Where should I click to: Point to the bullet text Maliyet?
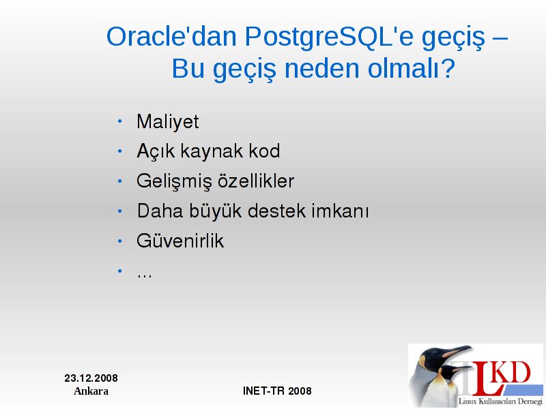click(x=167, y=122)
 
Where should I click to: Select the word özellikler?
click(x=256, y=181)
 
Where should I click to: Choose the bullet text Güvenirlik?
click(x=180, y=241)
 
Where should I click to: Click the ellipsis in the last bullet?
click(x=145, y=276)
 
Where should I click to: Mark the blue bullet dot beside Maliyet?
click(x=120, y=121)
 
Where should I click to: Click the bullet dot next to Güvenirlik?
click(x=120, y=241)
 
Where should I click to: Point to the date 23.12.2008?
click(x=91, y=378)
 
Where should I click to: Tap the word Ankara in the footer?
click(x=91, y=391)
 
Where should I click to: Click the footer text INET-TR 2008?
click(x=277, y=391)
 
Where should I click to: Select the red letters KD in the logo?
click(x=511, y=372)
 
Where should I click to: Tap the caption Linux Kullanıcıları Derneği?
click(x=500, y=401)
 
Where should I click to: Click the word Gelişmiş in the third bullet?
click(x=174, y=181)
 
